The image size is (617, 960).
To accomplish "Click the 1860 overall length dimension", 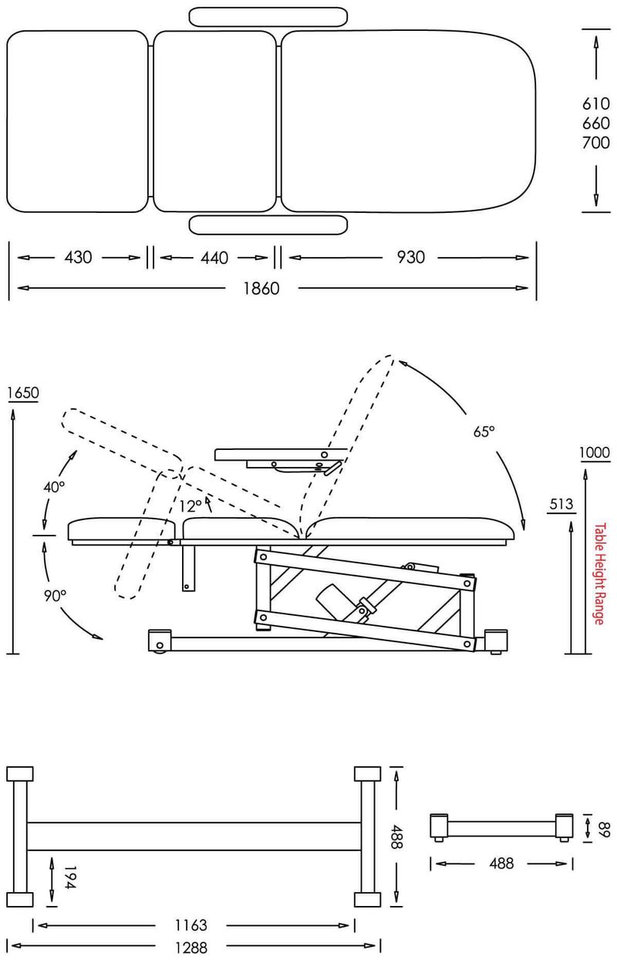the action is (261, 289).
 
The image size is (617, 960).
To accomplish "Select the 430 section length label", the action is (79, 257).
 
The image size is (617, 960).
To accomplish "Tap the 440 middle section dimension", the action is (214, 258).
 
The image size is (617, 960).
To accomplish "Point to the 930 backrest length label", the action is (410, 257).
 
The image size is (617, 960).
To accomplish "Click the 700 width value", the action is (595, 142).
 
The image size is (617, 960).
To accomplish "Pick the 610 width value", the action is (595, 103).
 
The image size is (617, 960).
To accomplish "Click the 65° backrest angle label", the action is (484, 431).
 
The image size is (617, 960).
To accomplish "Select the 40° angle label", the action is (54, 487).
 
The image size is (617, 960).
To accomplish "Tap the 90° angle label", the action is (55, 595).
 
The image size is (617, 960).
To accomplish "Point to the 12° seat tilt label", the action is (190, 506).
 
